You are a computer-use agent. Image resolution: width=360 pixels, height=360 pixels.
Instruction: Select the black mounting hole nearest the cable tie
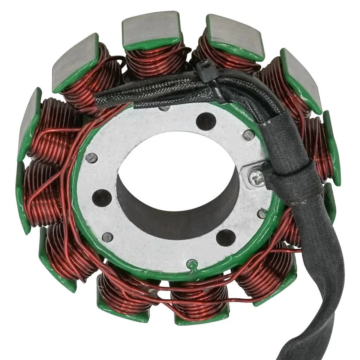pos(206,121)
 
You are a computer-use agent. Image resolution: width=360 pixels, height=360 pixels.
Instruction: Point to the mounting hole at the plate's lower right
pos(226,237)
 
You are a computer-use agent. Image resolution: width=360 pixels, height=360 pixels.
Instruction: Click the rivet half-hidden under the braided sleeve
pos(164,108)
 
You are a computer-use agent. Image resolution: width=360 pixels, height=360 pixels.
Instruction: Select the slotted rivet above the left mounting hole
pos(91,158)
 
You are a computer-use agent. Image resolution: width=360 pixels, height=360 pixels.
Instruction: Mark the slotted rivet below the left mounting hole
pos(108,237)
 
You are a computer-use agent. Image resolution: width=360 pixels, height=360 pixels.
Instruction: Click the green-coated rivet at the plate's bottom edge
pos(192,264)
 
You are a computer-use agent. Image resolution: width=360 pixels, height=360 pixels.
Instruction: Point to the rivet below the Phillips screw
pos(261,214)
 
